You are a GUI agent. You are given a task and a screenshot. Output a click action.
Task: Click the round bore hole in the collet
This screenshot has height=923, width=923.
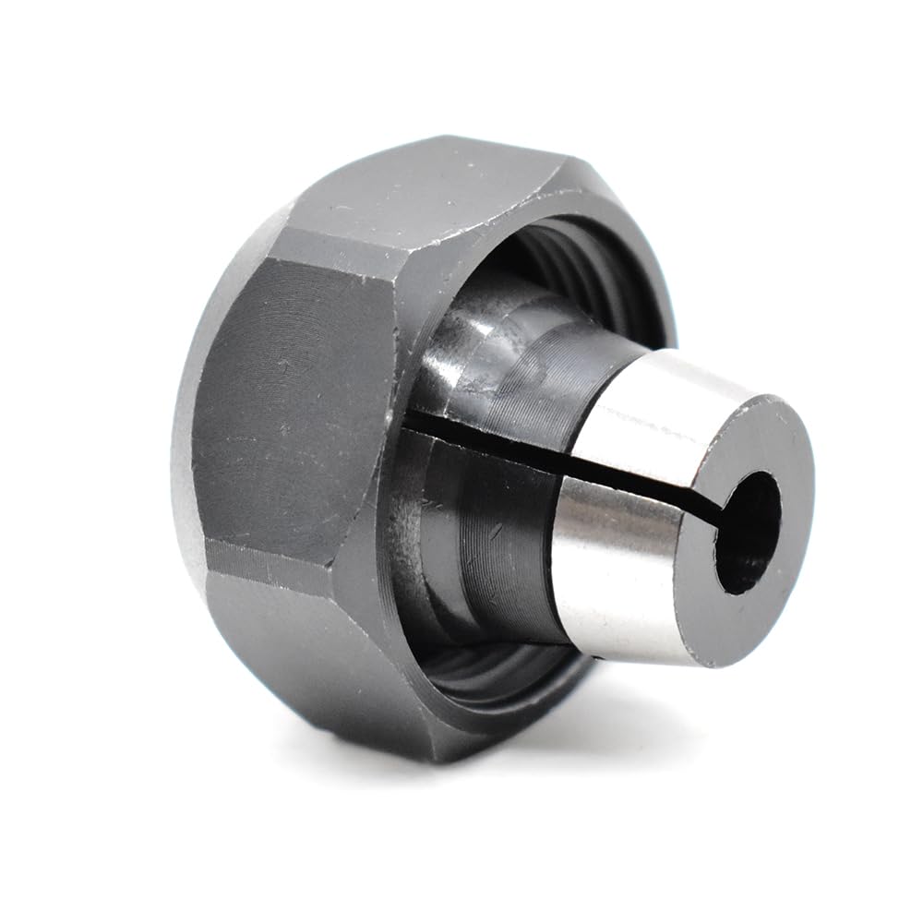[x=746, y=535]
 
